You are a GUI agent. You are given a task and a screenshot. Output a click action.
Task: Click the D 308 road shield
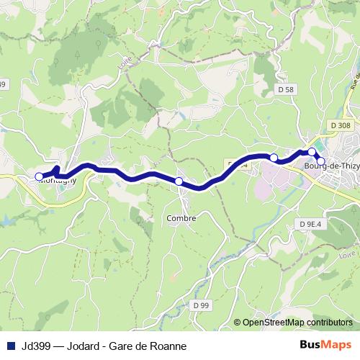[342, 125]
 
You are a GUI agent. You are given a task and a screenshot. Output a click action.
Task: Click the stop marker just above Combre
[179, 181]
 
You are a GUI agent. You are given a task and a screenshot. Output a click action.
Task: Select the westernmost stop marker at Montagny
[39, 176]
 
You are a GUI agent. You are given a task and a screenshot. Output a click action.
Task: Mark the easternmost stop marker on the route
[321, 162]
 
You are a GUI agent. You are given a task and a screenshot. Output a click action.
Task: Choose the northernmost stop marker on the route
[312, 152]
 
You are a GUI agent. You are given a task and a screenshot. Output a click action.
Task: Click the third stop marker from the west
[274, 157]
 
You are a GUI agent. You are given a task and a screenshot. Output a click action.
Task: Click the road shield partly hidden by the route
[238, 164]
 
